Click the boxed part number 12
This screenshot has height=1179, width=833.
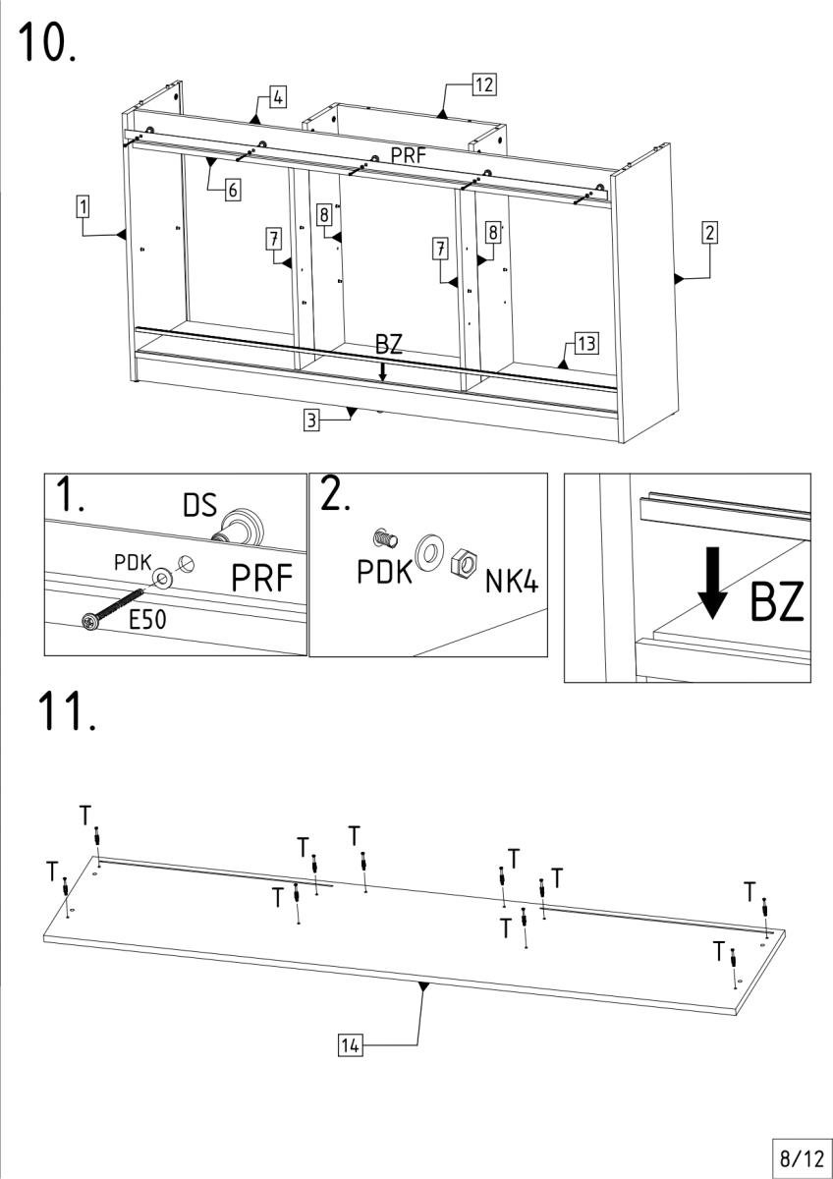tap(483, 84)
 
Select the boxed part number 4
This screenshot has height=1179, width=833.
tap(279, 97)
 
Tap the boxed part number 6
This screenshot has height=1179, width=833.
tap(233, 190)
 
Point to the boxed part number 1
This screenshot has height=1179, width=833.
tap(83, 206)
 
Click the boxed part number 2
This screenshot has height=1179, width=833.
tap(709, 233)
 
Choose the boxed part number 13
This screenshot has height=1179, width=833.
tap(586, 343)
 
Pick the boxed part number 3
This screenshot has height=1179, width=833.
tap(310, 421)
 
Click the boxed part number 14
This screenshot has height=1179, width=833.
tap(349, 1044)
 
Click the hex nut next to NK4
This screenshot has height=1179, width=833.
tap(462, 567)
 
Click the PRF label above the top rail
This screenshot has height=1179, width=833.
tap(409, 155)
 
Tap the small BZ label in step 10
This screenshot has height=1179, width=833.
tap(388, 345)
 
